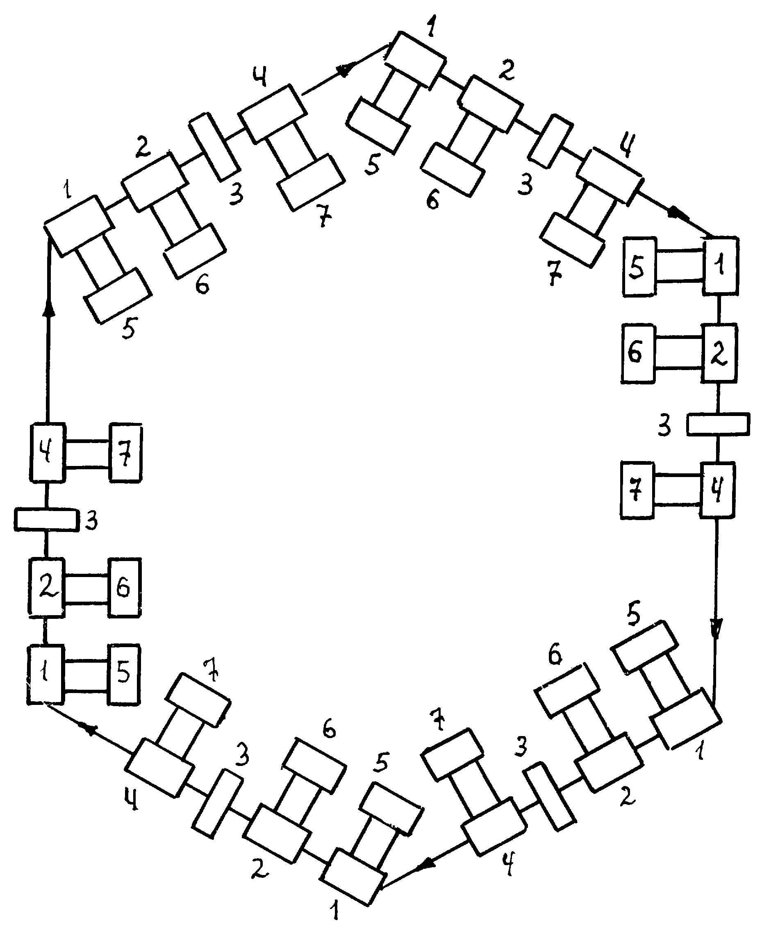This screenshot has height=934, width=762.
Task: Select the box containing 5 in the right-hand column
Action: pyautogui.click(x=639, y=266)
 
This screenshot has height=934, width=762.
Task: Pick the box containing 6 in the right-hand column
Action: pyautogui.click(x=637, y=353)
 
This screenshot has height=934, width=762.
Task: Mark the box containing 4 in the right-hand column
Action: pyautogui.click(x=717, y=490)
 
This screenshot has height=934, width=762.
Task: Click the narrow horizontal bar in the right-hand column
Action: pyautogui.click(x=718, y=424)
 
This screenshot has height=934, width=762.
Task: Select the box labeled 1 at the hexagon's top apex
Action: pyautogui.click(x=416, y=59)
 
